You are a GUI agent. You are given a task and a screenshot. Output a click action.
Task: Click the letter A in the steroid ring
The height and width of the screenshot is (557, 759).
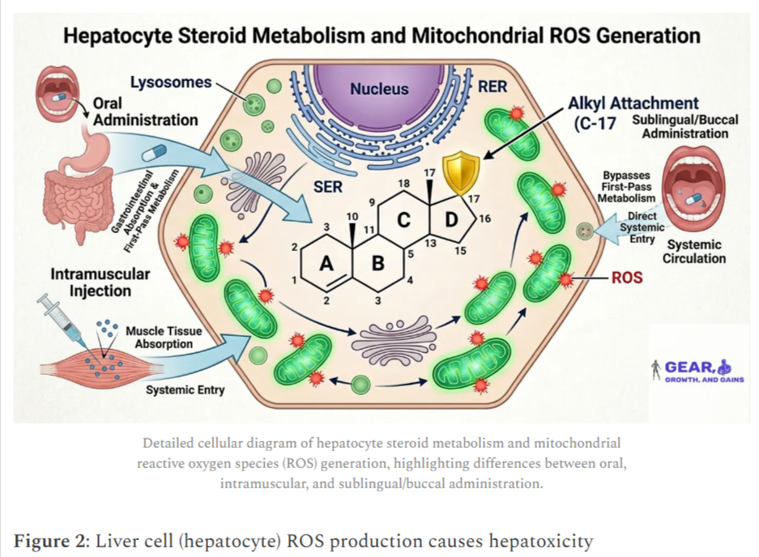[326, 263]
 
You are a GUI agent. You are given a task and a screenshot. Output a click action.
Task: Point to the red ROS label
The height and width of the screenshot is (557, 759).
[627, 278]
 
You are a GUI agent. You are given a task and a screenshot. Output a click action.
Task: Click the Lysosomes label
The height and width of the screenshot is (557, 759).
[171, 83]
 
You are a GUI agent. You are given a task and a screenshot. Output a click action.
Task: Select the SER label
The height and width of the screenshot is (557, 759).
[328, 187]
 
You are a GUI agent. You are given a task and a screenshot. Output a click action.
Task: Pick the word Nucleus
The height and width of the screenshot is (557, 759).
[379, 89]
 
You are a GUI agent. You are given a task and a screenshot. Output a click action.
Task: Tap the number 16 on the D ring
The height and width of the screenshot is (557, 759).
[485, 219]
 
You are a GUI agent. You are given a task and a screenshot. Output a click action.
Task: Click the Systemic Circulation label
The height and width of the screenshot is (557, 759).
[693, 251]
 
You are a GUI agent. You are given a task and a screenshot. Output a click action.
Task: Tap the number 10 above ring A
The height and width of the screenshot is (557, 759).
[352, 216]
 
